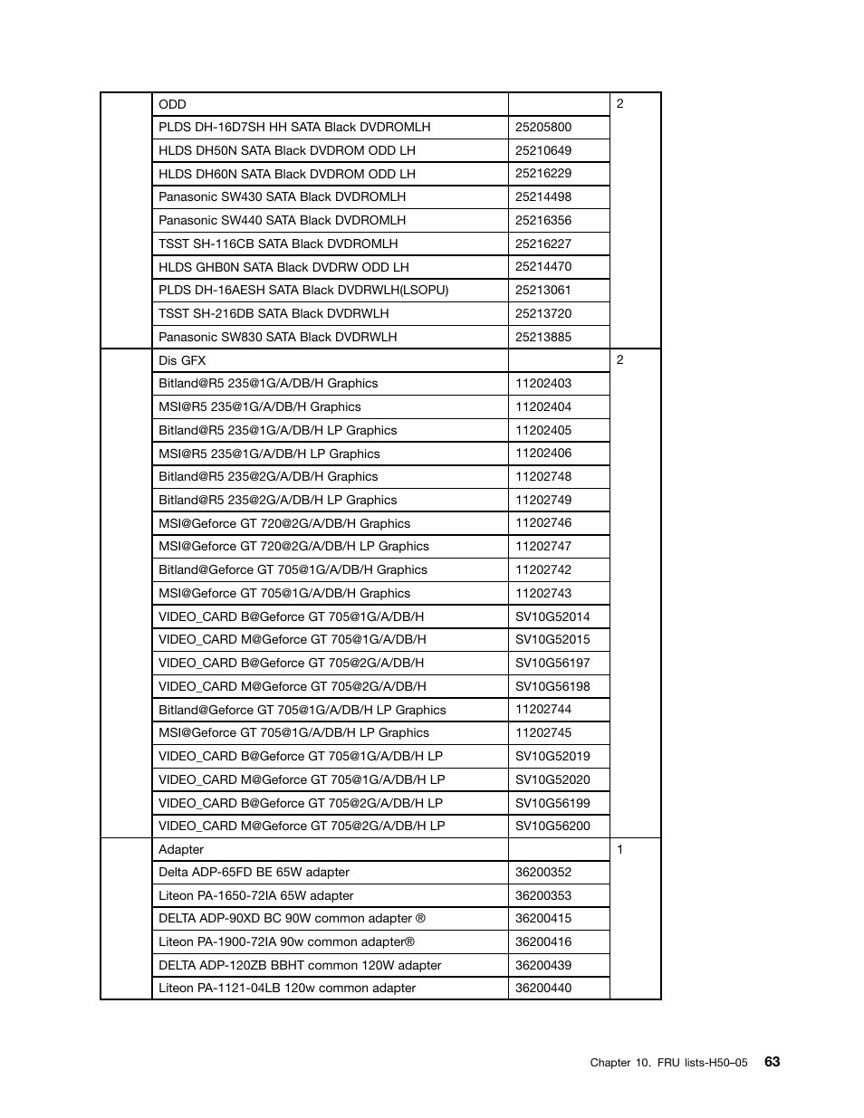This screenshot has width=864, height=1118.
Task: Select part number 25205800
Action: (543, 128)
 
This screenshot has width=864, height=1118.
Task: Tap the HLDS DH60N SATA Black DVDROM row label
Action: (286, 174)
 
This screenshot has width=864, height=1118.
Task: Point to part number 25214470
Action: (543, 267)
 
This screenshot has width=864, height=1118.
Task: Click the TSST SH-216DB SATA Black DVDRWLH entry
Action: (274, 313)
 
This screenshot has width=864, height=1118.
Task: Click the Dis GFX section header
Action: (182, 360)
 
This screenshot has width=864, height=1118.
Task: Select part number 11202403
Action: (543, 383)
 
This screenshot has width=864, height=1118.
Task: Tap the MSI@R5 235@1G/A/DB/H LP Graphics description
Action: (269, 454)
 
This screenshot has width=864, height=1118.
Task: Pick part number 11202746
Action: (543, 523)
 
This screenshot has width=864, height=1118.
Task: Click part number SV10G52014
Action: (552, 616)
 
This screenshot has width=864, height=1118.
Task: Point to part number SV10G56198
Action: (552, 686)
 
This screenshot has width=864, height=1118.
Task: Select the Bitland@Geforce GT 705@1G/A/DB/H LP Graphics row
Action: (302, 710)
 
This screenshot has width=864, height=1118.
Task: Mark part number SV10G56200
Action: (552, 826)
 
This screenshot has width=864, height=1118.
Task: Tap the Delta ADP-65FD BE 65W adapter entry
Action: (254, 872)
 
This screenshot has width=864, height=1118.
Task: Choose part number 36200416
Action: (543, 941)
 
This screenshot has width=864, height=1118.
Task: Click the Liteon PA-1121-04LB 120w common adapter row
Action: (287, 988)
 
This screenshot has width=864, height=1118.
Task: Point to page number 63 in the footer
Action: (772, 1062)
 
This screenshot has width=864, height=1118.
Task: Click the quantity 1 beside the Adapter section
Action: (620, 849)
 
